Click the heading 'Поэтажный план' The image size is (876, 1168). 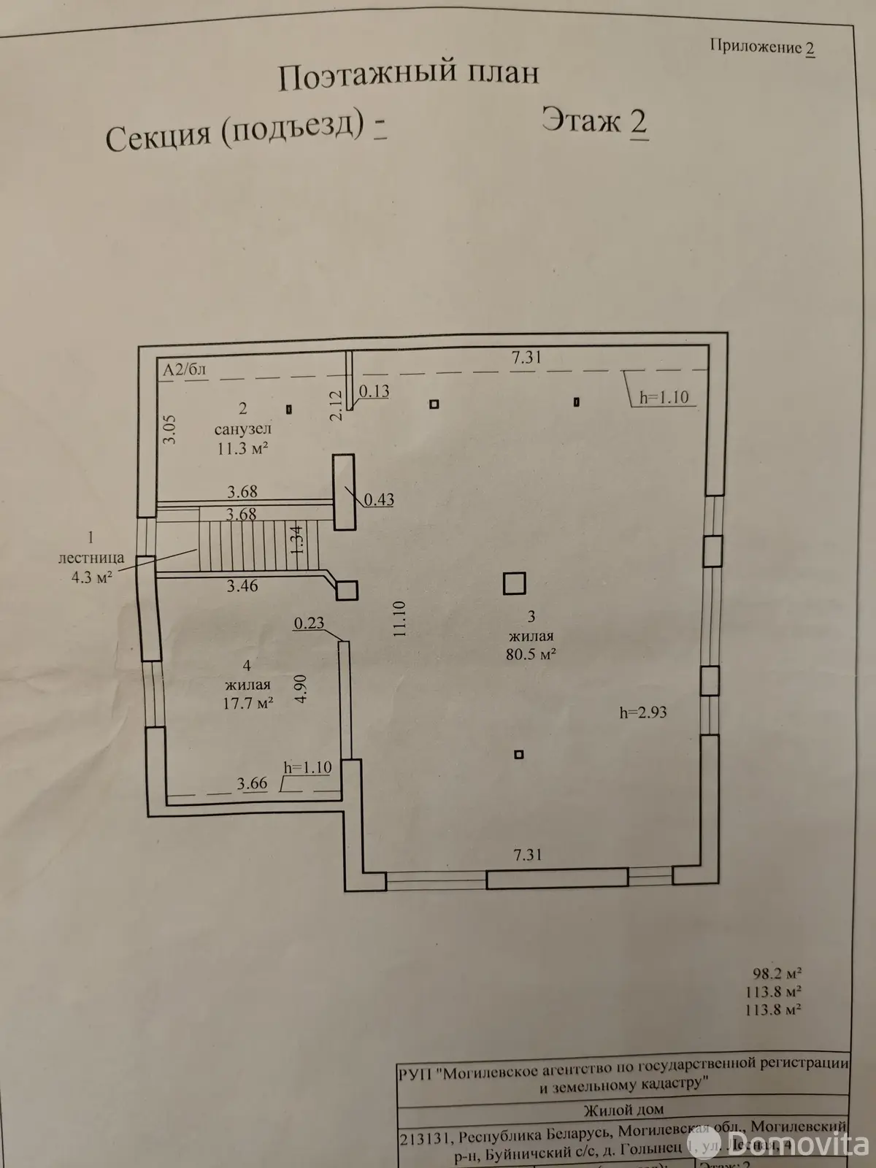pyautogui.click(x=408, y=76)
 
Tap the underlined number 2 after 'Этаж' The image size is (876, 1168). pyautogui.click(x=637, y=121)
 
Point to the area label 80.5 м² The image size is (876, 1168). pyautogui.click(x=531, y=654)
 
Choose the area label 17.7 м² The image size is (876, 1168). pyautogui.click(x=247, y=703)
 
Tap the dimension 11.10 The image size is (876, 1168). pyautogui.click(x=399, y=620)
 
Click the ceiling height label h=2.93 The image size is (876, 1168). pyautogui.click(x=643, y=712)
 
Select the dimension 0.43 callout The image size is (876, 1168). pyautogui.click(x=379, y=500)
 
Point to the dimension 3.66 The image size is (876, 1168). pyautogui.click(x=252, y=784)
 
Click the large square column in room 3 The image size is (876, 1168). pyautogui.click(x=515, y=583)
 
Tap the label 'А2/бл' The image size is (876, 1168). pyautogui.click(x=185, y=369)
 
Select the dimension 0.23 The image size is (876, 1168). pyautogui.click(x=309, y=623)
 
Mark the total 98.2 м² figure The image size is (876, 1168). pyautogui.click(x=777, y=974)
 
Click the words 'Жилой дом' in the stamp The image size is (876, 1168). pyautogui.click(x=623, y=1110)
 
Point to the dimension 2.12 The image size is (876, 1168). pyautogui.click(x=335, y=404)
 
